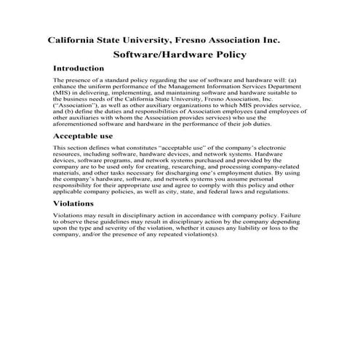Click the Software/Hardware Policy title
pos(180,54)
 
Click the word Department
pos(286,86)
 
